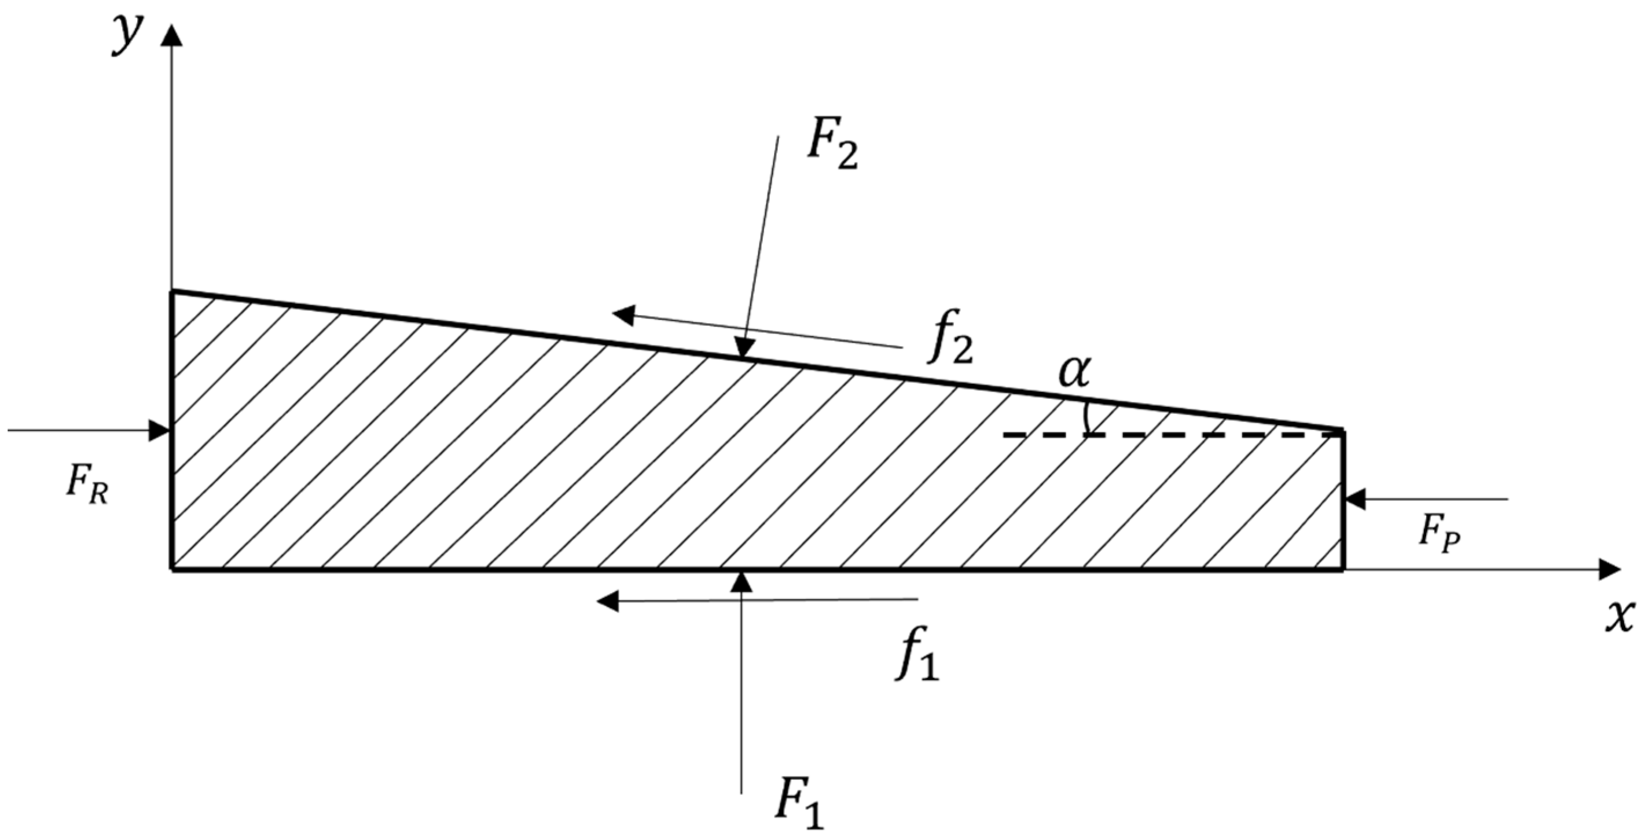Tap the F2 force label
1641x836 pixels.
pos(832,148)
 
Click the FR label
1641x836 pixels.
pos(87,489)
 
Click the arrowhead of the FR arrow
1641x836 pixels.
pos(159,430)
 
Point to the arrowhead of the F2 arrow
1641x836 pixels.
pos(743,348)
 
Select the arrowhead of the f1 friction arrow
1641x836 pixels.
pos(608,600)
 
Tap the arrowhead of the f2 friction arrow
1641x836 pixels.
pos(625,315)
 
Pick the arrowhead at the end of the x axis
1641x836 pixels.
pos(1609,569)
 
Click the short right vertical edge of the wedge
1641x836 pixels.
pos(1343,501)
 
